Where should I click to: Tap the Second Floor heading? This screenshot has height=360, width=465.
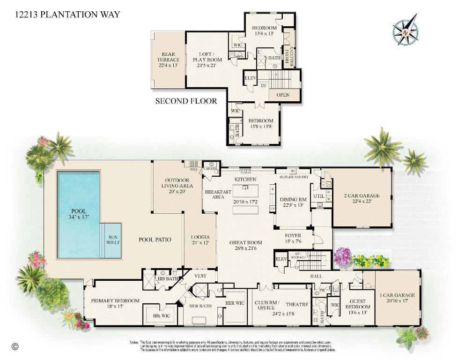186,101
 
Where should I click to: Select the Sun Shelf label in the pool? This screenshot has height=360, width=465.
114,240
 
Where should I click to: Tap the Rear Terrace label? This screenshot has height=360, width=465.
168,57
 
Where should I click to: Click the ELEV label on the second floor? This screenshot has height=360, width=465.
251,78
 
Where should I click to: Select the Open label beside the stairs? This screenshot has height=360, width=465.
283,95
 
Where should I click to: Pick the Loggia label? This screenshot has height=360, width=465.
200,240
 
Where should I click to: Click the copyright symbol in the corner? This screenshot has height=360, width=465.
15,347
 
